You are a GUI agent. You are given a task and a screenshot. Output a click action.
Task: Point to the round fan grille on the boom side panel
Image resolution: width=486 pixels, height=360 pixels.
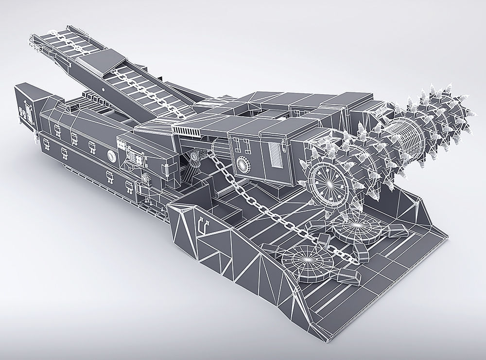243,163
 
